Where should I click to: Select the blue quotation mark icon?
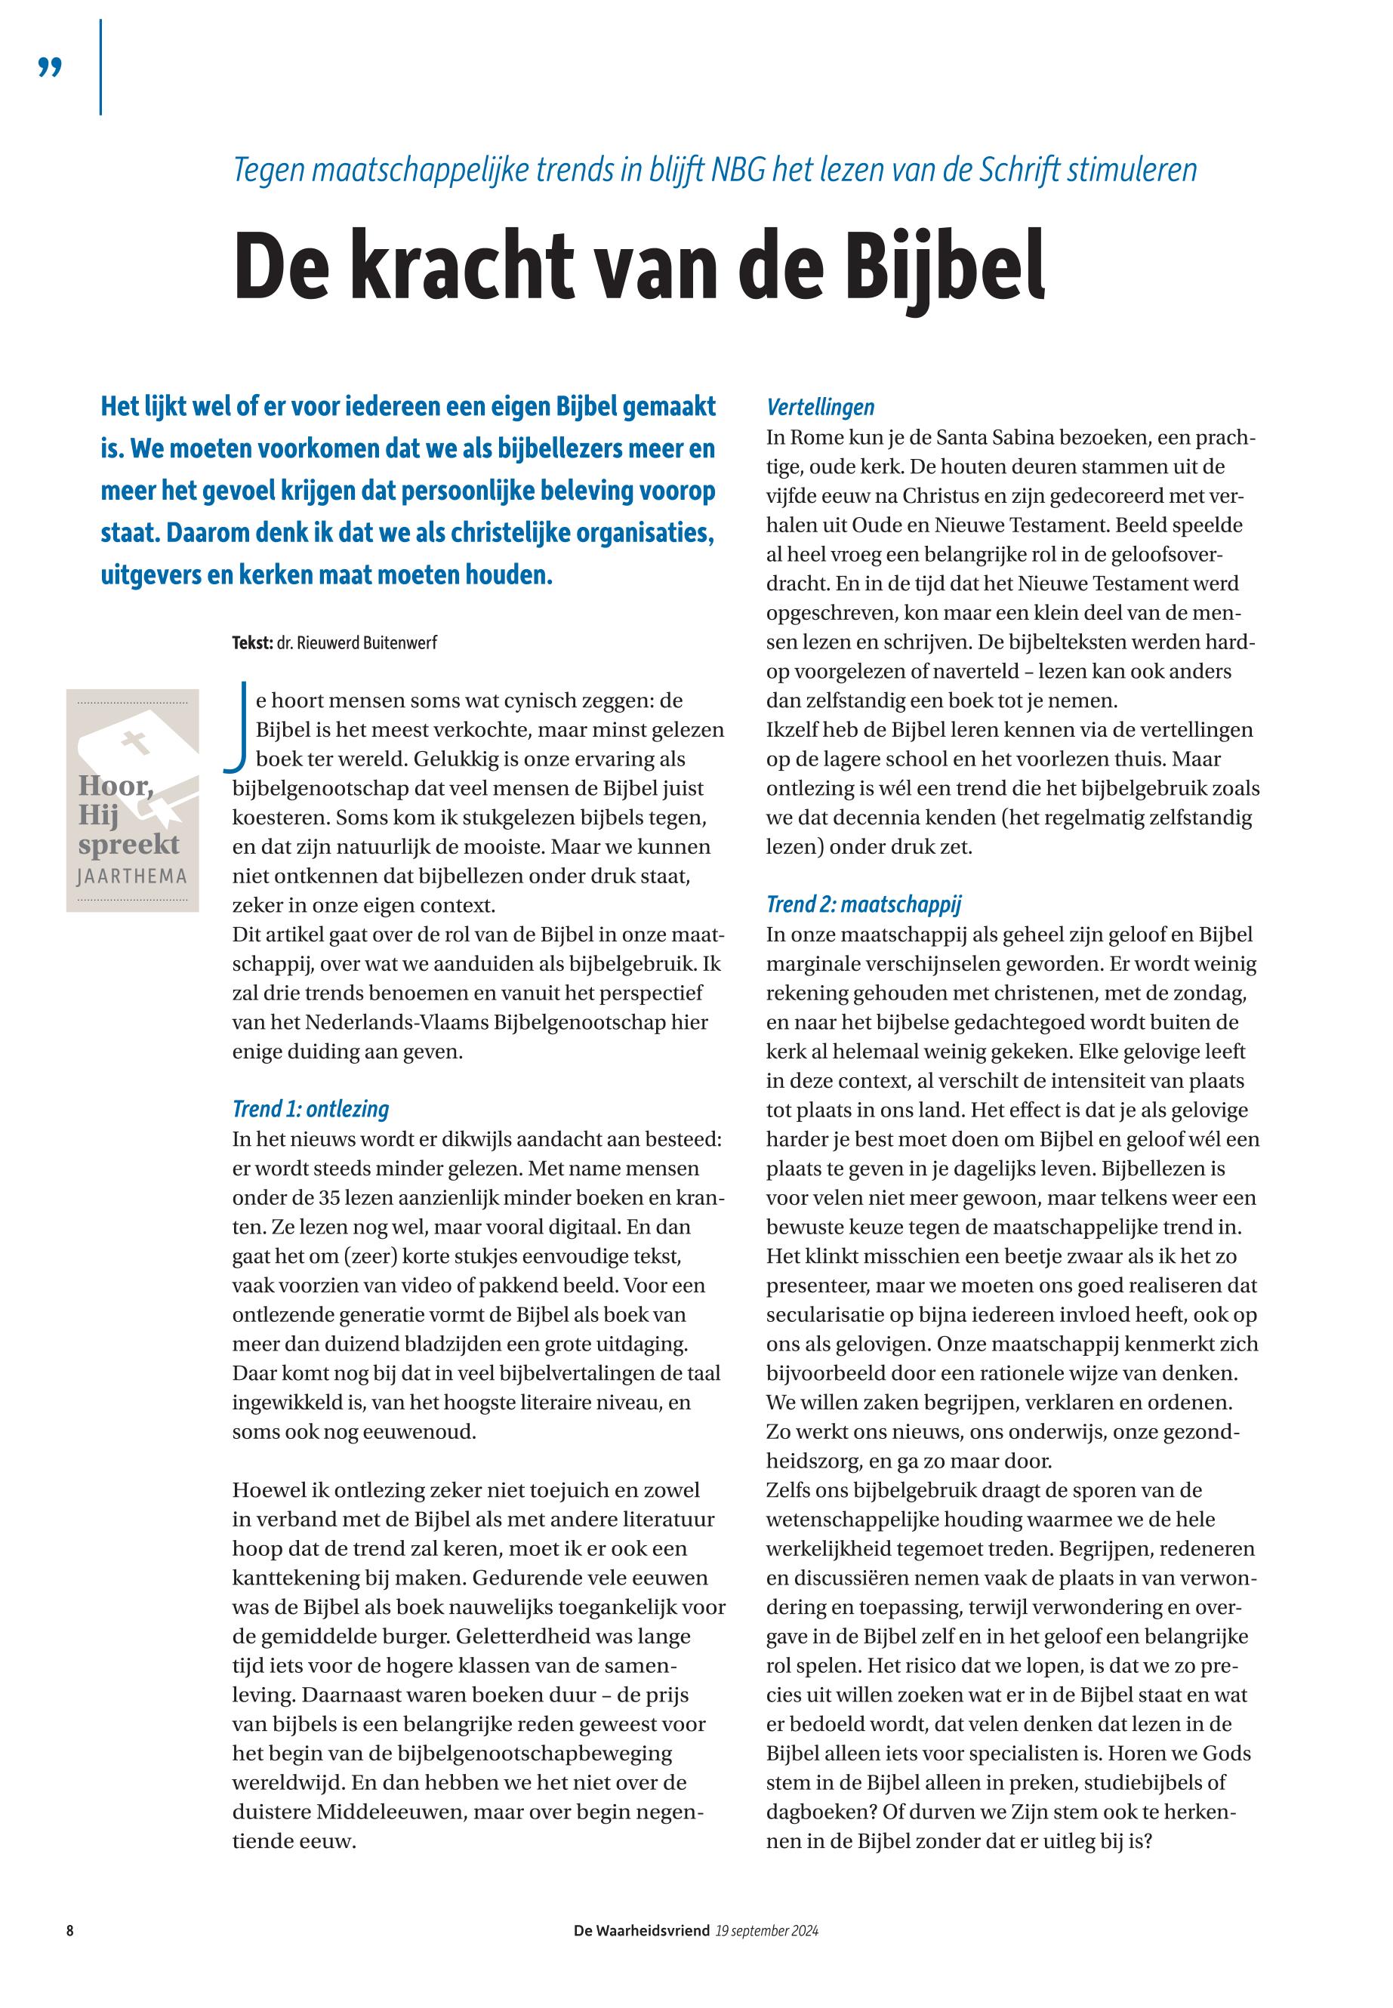tap(51, 67)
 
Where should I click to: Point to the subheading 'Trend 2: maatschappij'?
tap(863, 904)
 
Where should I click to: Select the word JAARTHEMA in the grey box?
tap(132, 876)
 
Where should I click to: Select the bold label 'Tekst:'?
tap(252, 643)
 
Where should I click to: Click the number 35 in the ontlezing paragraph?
tap(330, 1197)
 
